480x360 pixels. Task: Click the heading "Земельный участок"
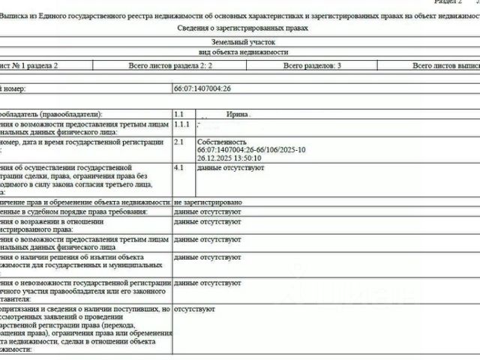[243, 43]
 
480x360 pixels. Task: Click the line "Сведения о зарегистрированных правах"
[243, 28]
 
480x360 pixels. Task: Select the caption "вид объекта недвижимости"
[243, 53]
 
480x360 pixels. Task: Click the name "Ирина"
[238, 115]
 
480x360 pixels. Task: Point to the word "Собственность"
[221, 142]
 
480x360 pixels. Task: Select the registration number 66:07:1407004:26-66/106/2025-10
[251, 150]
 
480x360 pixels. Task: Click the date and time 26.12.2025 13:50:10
[229, 158]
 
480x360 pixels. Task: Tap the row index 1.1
[179, 115]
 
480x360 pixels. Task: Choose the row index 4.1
[179, 168]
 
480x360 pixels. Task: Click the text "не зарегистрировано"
[207, 202]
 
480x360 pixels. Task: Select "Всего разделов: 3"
[312, 67]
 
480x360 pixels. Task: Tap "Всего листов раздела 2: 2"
[171, 67]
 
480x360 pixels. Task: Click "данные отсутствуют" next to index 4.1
[231, 168]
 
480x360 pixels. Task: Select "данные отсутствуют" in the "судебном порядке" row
[207, 212]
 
